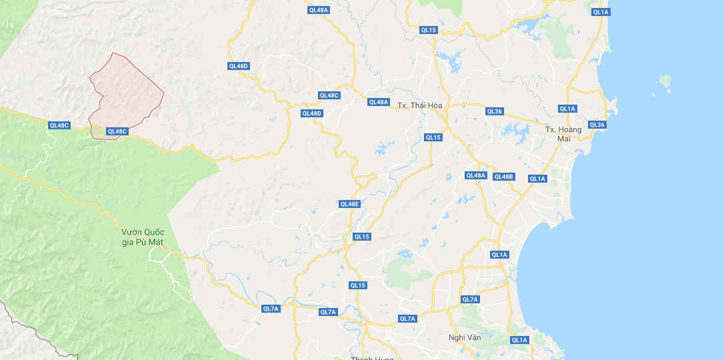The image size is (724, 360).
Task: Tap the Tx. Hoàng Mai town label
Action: (563, 134)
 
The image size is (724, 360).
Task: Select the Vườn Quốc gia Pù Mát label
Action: (143, 237)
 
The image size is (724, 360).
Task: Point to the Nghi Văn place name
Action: (465, 337)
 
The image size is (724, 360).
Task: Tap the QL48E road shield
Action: (349, 204)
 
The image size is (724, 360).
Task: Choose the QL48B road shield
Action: (503, 177)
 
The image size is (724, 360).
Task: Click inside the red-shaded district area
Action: (127, 93)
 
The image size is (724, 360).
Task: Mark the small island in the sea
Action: (665, 81)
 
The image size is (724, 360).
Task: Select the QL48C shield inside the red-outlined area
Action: (117, 131)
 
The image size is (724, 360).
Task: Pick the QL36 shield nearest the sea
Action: (597, 125)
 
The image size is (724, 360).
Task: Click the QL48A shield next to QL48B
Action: (475, 175)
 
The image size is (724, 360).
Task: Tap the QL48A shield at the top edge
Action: (319, 10)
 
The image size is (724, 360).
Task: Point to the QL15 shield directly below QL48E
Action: (361, 237)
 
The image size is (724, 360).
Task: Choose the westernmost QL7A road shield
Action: (270, 309)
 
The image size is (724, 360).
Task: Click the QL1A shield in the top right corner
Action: (601, 12)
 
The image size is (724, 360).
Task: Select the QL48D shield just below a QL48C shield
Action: (311, 113)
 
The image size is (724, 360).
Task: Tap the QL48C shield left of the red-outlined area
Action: (59, 125)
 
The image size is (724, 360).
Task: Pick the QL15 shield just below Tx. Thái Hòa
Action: (433, 137)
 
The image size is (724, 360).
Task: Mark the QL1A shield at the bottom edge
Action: (519, 340)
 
